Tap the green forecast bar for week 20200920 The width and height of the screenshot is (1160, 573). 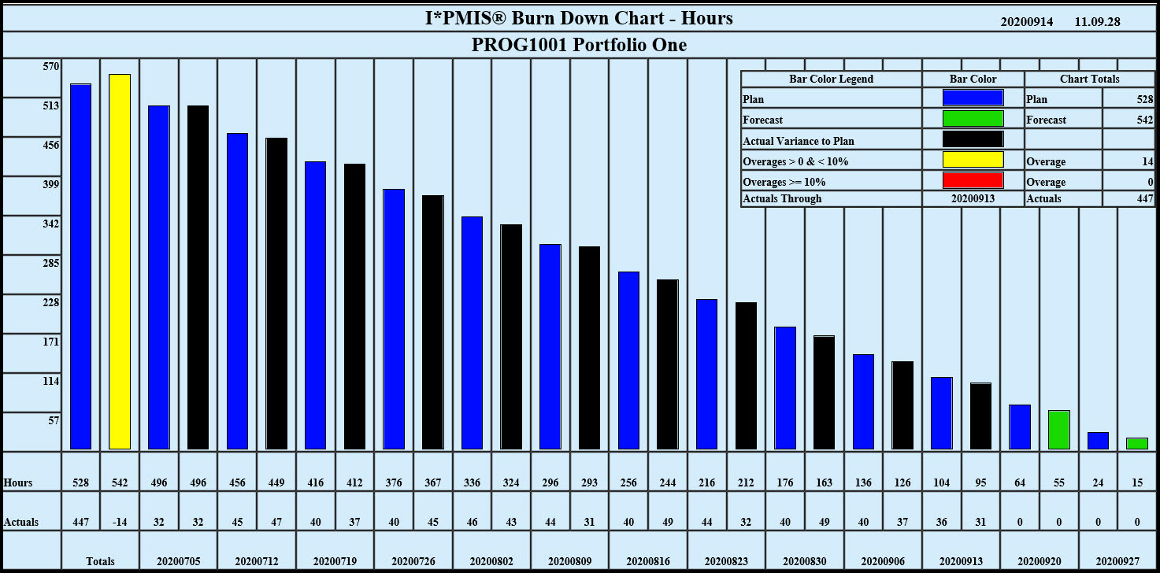1059,430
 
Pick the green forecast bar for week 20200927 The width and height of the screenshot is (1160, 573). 1137,443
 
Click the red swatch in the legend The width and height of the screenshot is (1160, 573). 973,180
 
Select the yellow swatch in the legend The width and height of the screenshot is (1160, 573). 973,160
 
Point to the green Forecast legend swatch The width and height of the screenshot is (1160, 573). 973,119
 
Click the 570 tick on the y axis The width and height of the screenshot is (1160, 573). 51,67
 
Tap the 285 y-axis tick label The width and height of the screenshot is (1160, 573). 51,263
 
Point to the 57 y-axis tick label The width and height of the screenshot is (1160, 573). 54,420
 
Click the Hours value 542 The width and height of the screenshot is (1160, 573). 120,482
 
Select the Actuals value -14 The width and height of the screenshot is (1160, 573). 120,522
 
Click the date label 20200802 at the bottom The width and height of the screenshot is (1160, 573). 491,561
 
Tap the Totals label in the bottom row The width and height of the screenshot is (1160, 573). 100,561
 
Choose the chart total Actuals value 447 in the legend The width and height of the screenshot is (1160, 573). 1143,199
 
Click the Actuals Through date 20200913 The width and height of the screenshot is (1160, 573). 973,199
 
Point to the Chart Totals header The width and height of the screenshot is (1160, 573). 1089,79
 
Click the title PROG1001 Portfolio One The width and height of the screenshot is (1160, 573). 579,45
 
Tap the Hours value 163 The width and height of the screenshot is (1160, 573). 825,482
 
